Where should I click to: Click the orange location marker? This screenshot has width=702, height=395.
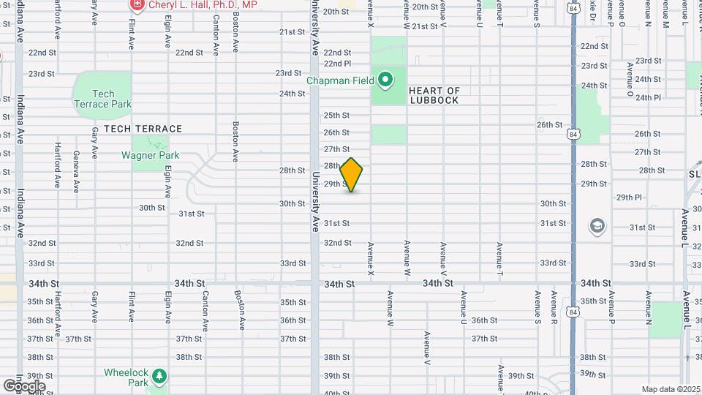pos(352,175)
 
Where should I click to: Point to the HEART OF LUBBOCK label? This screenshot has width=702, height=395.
pos(434,96)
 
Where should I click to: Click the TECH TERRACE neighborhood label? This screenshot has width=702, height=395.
pos(143,128)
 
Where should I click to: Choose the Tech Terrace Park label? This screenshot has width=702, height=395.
pos(103,99)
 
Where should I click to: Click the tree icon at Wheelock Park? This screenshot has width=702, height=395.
pos(159,377)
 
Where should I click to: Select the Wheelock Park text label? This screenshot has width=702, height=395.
pos(127,377)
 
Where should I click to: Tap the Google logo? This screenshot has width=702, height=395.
pos(24,385)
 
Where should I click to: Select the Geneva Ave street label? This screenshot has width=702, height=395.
pos(76,171)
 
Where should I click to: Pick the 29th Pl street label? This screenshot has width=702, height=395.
pos(628,197)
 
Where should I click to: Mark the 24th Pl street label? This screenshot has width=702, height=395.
pos(648,97)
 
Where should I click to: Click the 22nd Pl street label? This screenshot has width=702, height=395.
pos(337,63)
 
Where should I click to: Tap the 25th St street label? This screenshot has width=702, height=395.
pos(336,115)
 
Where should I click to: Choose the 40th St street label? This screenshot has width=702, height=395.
pos(336,393)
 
